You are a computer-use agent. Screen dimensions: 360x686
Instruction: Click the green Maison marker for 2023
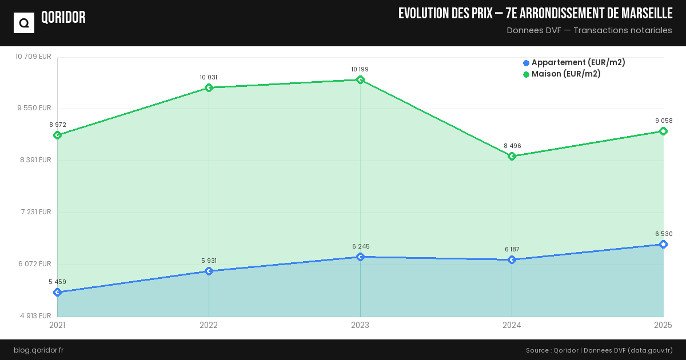click(x=360, y=80)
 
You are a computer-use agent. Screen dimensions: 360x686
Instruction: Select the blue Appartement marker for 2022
click(x=209, y=271)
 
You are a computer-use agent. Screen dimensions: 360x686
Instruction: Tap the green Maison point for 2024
click(x=512, y=156)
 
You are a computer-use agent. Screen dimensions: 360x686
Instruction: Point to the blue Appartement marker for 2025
click(x=663, y=245)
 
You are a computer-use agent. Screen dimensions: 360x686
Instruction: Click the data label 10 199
click(x=360, y=69)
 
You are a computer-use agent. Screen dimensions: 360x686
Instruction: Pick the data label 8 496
click(x=512, y=146)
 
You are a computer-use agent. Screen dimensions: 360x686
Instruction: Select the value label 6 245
click(x=361, y=246)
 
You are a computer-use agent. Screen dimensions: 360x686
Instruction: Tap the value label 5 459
click(x=57, y=282)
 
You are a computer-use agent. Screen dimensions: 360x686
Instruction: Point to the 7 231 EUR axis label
click(x=36, y=212)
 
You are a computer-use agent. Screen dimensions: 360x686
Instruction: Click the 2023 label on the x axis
click(x=360, y=325)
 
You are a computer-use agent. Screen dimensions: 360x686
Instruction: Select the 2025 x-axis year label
click(x=663, y=325)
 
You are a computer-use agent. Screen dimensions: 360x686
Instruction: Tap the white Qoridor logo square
click(x=24, y=23)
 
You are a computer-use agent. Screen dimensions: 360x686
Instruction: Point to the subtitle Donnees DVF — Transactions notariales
click(x=589, y=30)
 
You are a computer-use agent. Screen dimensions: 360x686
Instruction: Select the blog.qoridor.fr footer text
click(x=38, y=350)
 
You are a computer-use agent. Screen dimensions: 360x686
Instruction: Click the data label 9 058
click(x=663, y=121)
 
